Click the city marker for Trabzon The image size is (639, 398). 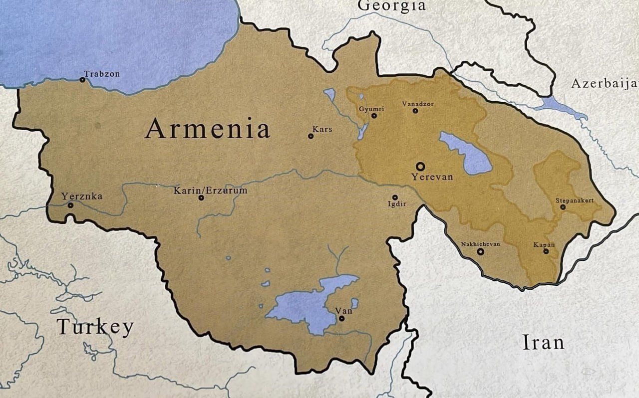82,80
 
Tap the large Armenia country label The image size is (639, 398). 207,129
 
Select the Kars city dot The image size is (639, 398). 311,136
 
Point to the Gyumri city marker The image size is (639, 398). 374,116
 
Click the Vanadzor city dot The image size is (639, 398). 415,111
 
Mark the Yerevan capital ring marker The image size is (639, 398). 420,167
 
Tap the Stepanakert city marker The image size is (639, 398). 563,207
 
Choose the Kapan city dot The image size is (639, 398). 546,251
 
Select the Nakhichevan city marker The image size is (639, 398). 480,252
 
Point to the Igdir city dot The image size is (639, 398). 395,198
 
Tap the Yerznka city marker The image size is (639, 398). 70,205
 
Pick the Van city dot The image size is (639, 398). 341,318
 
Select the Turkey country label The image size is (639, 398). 95,327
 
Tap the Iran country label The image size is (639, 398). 543,343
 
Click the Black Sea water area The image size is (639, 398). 115,40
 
